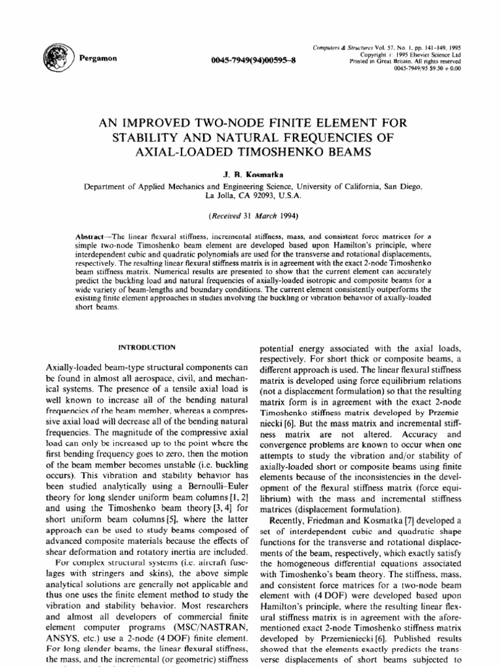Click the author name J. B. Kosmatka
click(x=250, y=175)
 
